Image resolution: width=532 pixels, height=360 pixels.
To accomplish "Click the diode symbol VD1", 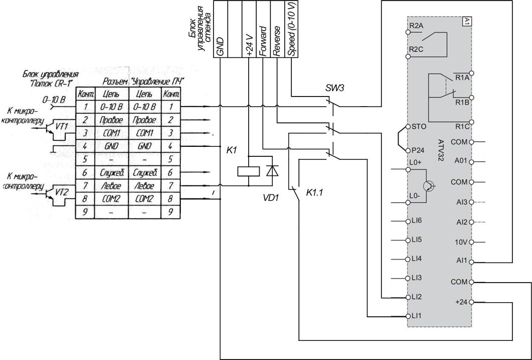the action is pos(272,170).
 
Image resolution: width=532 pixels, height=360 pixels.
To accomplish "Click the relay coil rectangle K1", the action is pos(249,171).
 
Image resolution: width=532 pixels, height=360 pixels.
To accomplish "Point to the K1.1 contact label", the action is pos(314,193).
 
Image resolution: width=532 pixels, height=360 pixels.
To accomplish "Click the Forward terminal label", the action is pos(262,40).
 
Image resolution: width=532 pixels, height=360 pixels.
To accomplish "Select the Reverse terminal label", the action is pos(276,40).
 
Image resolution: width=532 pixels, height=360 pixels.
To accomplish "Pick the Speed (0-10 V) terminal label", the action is pos(291,29).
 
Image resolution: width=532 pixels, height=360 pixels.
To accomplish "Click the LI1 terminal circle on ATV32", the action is pos(408,316).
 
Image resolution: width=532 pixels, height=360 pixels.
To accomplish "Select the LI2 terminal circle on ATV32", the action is pos(408,297).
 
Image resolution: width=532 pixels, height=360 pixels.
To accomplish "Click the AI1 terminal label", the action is pos(462,261).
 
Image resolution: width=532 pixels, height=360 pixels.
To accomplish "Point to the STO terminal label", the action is pos(418,127).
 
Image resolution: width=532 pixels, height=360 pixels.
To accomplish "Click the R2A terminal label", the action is pos(416,26).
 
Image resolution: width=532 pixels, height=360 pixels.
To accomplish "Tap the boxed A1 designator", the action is pos(467,22).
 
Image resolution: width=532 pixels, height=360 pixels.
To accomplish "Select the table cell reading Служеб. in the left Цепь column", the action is pos(112,173).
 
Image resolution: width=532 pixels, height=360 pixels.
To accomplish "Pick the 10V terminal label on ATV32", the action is pos(462,242).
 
